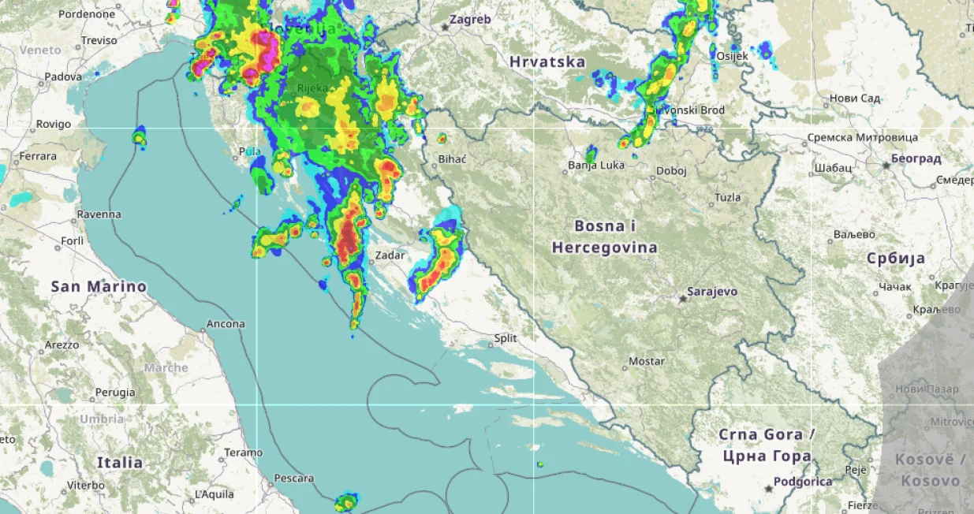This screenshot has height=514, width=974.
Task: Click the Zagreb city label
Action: point(470,20)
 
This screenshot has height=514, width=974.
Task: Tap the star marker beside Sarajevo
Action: point(683,299)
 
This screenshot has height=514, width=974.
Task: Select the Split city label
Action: point(506,338)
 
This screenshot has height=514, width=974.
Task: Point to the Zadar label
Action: point(390,255)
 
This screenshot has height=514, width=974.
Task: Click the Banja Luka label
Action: point(596,166)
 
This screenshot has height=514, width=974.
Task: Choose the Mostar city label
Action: point(647,362)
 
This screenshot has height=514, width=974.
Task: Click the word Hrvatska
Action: point(547,61)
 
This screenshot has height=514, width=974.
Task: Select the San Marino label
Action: point(99,286)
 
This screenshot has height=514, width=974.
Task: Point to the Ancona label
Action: point(226,324)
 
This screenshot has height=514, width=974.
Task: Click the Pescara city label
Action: point(293,479)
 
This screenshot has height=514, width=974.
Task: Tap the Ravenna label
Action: point(99,214)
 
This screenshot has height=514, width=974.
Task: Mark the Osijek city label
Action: point(733,56)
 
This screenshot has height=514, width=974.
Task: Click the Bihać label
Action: point(453,159)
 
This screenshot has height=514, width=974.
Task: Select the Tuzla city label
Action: point(727,197)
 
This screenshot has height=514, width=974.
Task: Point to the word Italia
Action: point(120,462)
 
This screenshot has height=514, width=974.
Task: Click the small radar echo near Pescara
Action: point(345,502)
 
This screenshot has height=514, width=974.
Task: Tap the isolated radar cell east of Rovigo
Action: point(140,138)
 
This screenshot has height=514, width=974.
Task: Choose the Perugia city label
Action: point(115,392)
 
